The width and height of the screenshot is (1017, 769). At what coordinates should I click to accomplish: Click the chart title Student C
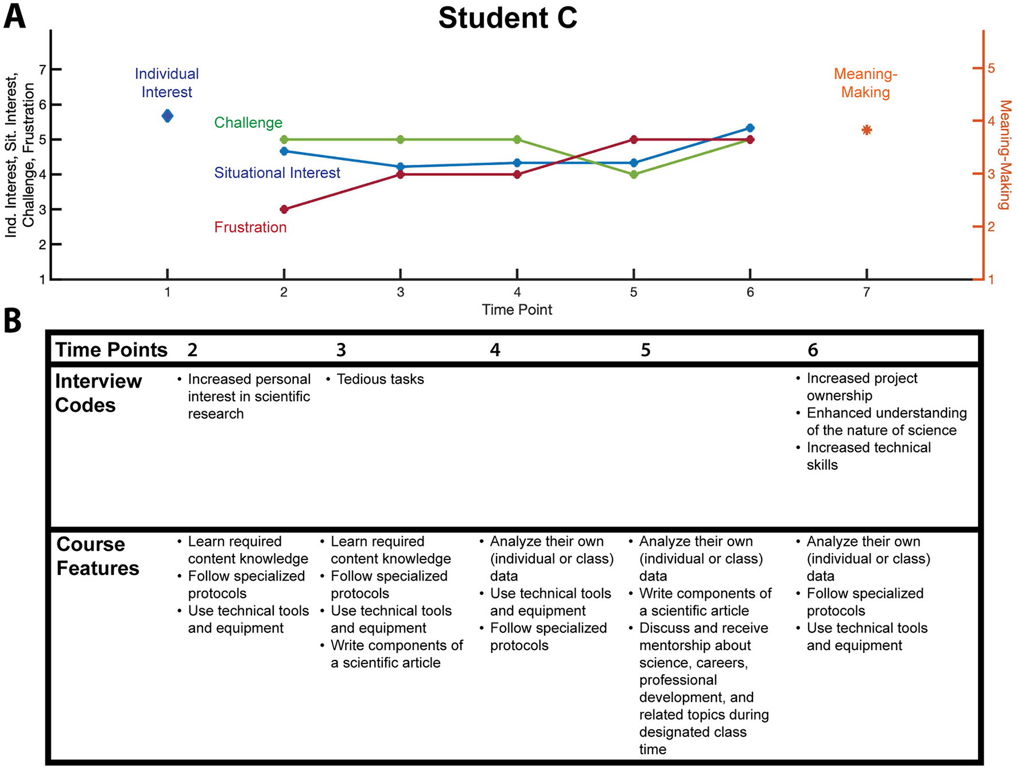click(x=507, y=18)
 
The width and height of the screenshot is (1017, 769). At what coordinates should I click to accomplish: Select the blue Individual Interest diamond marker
click(x=167, y=116)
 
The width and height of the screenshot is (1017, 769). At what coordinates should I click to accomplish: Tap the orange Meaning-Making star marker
click(x=867, y=130)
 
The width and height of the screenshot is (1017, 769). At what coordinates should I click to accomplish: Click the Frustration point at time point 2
click(x=284, y=209)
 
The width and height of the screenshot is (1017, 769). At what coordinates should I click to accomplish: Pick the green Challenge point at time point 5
click(x=634, y=175)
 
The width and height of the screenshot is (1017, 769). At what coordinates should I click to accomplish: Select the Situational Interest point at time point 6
click(x=750, y=128)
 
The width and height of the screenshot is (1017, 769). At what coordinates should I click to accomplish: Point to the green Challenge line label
click(x=248, y=122)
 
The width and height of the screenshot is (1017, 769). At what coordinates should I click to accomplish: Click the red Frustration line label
click(x=250, y=227)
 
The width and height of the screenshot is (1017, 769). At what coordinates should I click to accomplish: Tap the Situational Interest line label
click(x=277, y=173)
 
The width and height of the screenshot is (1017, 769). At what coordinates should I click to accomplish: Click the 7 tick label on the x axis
click(x=867, y=292)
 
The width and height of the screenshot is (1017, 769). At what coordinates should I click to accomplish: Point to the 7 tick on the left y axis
click(x=42, y=70)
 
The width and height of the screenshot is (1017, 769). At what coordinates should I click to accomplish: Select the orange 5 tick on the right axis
click(x=991, y=68)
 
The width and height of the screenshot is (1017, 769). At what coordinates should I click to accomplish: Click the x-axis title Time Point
click(x=517, y=310)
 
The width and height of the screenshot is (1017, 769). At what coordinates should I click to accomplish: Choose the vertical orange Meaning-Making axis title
click(x=1004, y=155)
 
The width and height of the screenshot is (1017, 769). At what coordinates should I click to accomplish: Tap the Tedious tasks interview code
click(x=380, y=379)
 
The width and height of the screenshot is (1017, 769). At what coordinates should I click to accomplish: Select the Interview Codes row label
click(x=98, y=393)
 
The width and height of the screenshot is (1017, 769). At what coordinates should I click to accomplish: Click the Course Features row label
click(x=98, y=556)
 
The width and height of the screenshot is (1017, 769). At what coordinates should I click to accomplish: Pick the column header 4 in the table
click(x=495, y=350)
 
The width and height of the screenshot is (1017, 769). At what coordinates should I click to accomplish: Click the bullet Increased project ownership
click(x=861, y=387)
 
